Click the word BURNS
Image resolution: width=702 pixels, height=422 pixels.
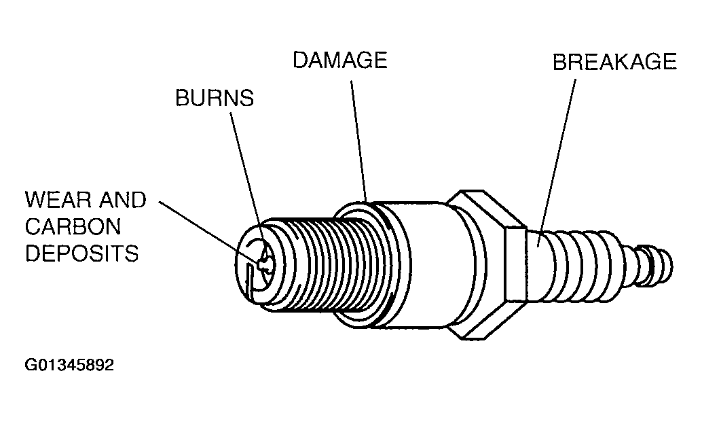(215, 98)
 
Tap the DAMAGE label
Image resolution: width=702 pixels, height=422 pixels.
(339, 60)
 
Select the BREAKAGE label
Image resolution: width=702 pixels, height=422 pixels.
(614, 63)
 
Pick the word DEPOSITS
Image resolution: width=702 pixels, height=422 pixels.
(81, 253)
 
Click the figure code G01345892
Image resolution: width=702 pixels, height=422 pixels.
(69, 365)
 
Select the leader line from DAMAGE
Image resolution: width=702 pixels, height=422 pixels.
(359, 136)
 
